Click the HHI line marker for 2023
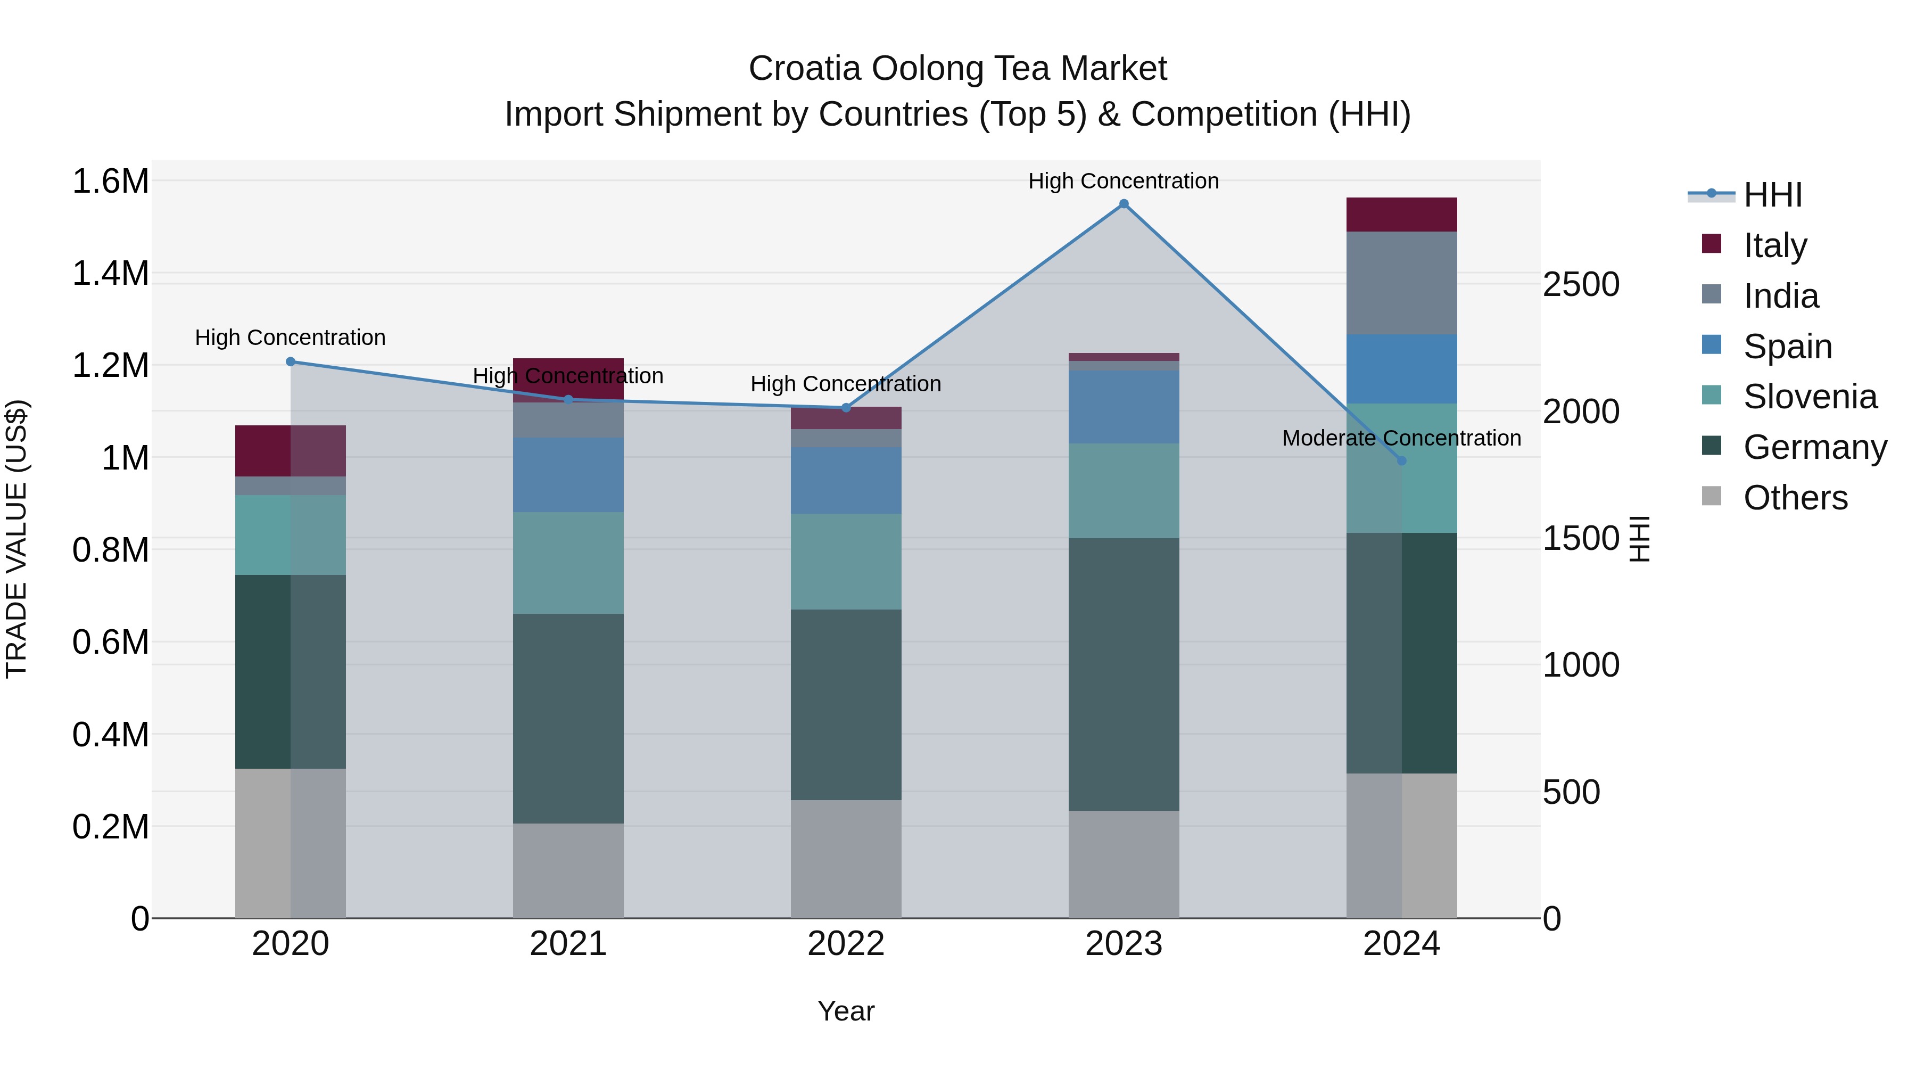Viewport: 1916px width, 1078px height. point(1123,204)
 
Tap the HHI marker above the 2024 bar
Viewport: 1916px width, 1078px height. point(1401,460)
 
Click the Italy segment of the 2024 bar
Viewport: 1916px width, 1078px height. point(1401,215)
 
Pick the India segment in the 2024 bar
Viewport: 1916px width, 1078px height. point(1401,283)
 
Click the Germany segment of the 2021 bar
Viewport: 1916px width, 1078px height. point(568,718)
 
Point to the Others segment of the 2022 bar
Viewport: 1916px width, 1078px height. point(846,859)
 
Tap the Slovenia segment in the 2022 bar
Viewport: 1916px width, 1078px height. point(846,562)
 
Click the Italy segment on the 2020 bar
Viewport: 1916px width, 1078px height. point(291,451)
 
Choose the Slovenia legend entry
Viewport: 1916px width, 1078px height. point(1810,397)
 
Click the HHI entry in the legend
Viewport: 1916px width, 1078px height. point(1772,195)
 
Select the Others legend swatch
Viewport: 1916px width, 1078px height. point(1712,496)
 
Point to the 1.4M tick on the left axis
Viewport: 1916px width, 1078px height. point(110,274)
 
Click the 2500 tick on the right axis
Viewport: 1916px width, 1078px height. point(1581,285)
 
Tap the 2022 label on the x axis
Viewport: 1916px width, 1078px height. point(846,944)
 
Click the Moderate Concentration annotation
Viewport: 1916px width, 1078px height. point(1401,438)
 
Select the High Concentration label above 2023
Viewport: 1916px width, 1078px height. point(1123,181)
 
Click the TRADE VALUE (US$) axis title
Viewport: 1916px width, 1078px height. point(17,539)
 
